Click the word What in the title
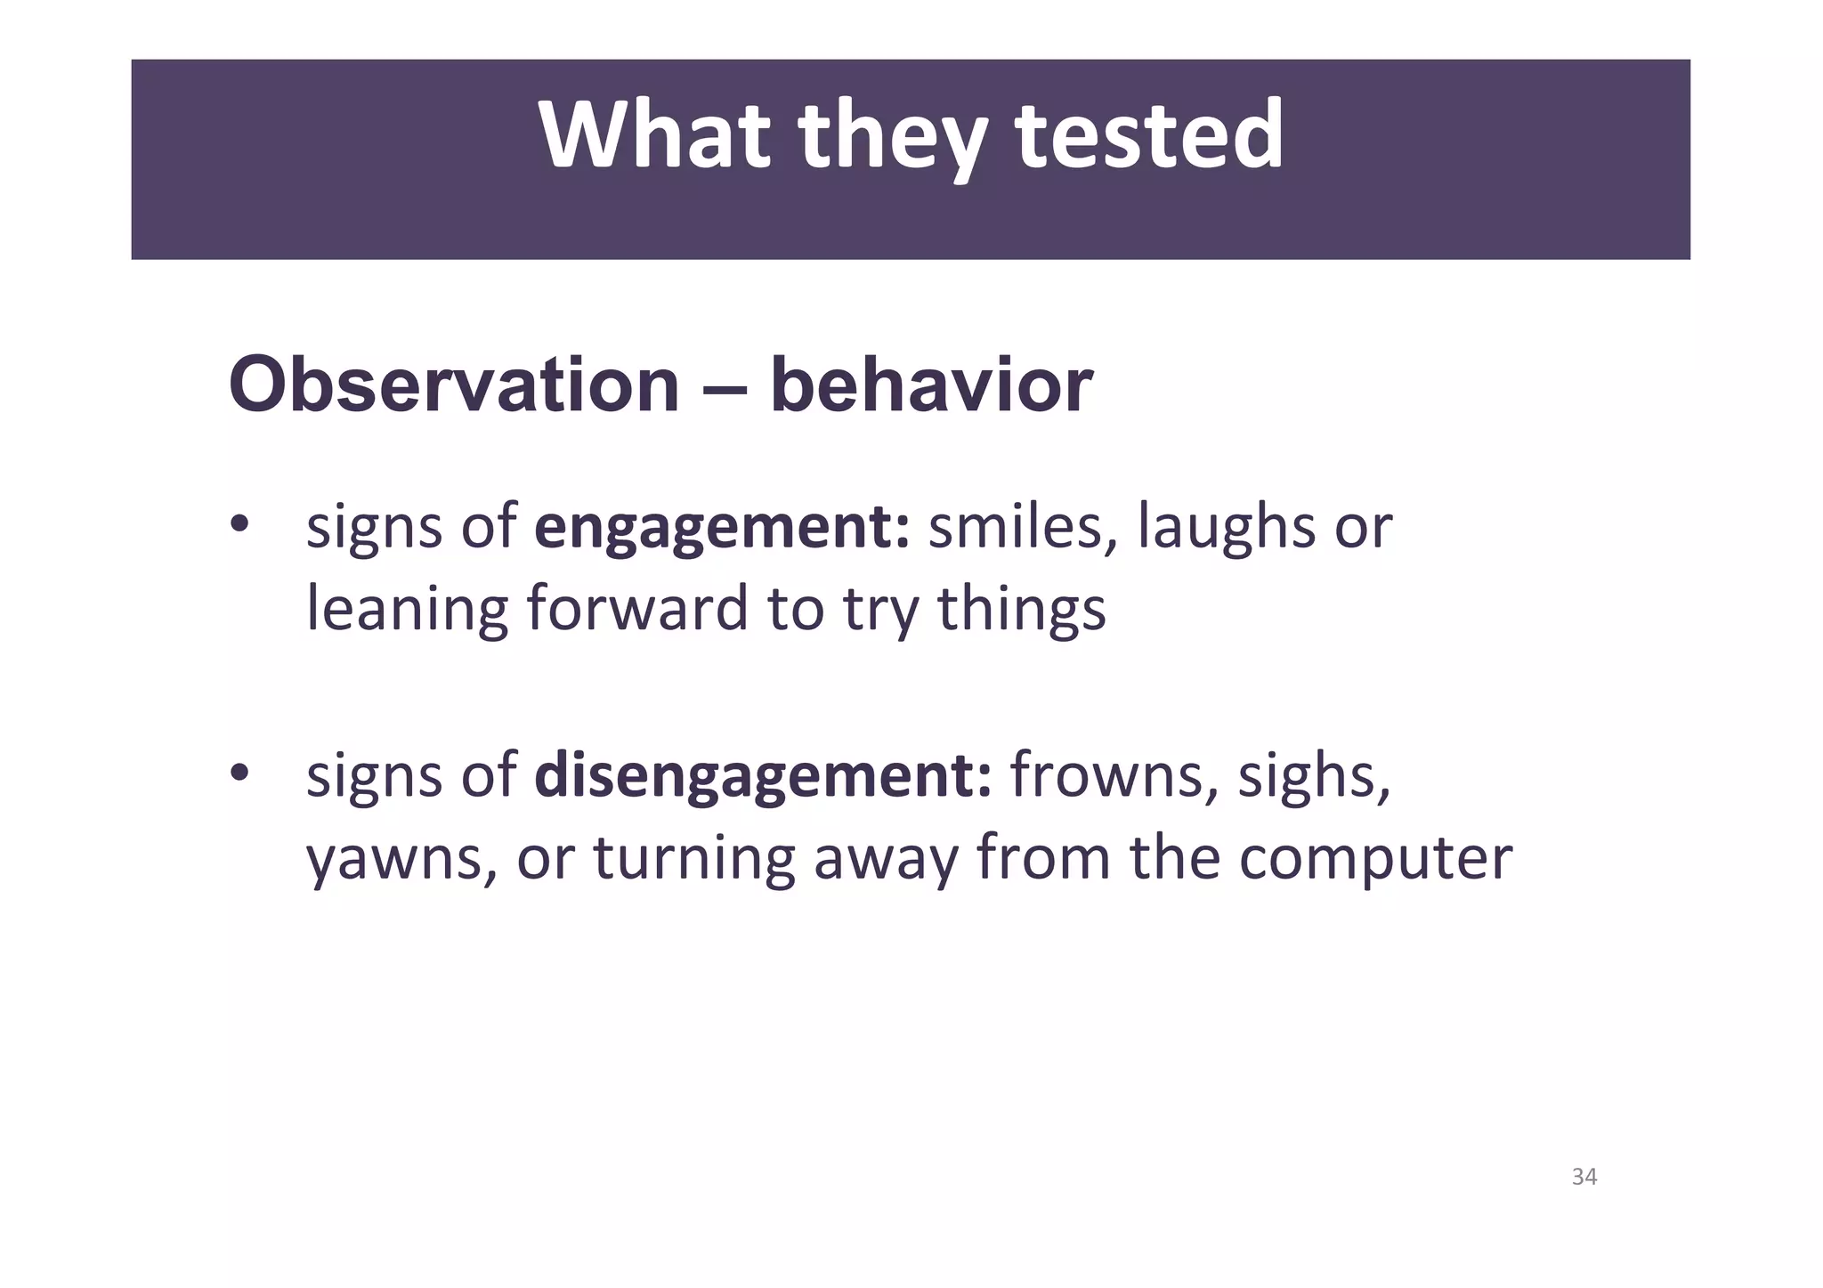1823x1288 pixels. pos(653,135)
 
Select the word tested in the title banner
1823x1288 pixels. pos(1149,135)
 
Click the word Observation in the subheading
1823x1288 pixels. pos(454,385)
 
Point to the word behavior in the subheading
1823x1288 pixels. pos(931,385)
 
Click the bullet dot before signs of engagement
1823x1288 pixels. pos(239,525)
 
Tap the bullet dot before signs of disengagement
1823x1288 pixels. pos(239,774)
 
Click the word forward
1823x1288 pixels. pos(637,609)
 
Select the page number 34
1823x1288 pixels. pos(1584,1177)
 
